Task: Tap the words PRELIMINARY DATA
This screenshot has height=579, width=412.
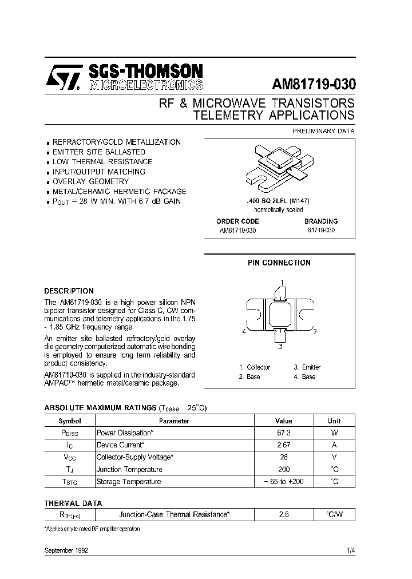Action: click(323, 131)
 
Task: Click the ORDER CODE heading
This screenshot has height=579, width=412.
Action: click(237, 221)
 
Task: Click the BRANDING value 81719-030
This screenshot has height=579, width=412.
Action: click(320, 230)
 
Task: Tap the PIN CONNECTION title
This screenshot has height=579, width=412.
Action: click(279, 263)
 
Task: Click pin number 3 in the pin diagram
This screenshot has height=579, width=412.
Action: click(280, 346)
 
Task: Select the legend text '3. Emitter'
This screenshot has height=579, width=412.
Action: click(307, 367)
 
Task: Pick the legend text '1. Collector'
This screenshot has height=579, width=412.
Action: click(255, 367)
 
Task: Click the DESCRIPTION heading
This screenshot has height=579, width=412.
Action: click(69, 291)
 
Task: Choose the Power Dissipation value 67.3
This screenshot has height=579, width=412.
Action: click(284, 433)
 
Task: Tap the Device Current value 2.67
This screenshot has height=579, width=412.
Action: click(284, 445)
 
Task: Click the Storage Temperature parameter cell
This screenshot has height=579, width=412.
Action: click(129, 482)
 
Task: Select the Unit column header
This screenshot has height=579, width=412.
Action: click(334, 421)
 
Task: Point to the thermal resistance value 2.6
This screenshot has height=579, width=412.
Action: click(284, 515)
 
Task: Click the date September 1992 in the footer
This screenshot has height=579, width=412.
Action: click(66, 550)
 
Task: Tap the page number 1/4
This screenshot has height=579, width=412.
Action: click(350, 550)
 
